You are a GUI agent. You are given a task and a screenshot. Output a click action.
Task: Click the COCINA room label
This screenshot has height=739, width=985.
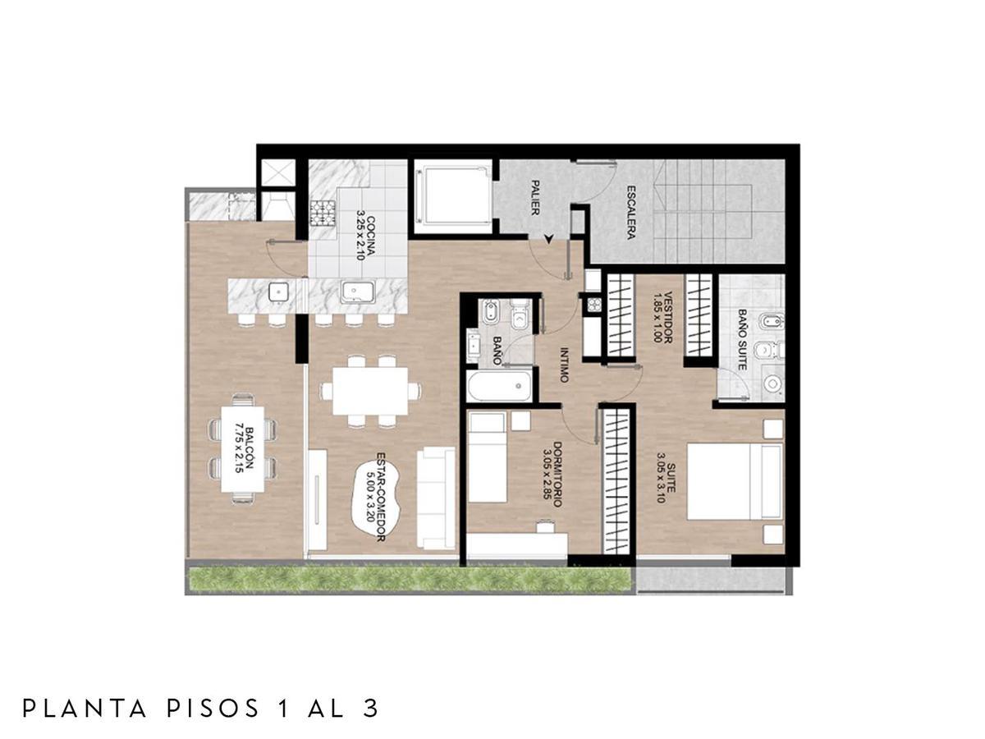pos(364,238)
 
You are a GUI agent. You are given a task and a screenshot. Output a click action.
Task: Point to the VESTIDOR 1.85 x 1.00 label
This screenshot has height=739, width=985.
pos(662,317)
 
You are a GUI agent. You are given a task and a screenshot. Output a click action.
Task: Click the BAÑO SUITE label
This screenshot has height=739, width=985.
pos(742,340)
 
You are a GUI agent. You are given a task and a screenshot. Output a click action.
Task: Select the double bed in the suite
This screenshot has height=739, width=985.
pos(735,481)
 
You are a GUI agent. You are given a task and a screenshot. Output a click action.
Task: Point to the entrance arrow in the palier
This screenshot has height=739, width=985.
pos(548,239)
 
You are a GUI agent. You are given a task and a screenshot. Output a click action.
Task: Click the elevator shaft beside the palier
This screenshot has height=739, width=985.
pos(453,195)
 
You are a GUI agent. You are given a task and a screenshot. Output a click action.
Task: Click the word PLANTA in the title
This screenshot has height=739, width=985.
pos(85,709)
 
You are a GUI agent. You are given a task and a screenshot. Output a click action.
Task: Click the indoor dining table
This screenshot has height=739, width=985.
pos(369,391)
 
